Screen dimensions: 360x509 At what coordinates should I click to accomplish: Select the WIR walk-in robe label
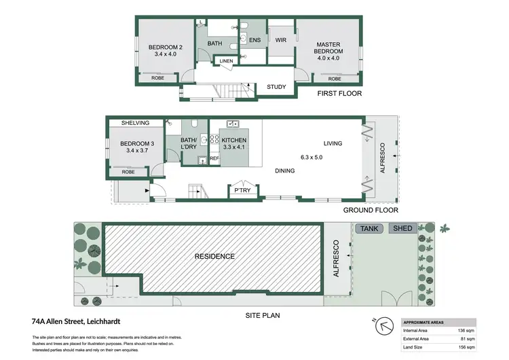point(280,41)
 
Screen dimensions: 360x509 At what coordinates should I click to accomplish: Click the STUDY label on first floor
point(276,87)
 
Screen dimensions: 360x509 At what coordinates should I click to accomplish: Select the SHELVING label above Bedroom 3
point(135,123)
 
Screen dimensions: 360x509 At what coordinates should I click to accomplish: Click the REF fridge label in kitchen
point(214,158)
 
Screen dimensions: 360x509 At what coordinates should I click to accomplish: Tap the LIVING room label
point(333,143)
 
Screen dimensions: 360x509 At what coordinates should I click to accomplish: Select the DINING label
point(285,170)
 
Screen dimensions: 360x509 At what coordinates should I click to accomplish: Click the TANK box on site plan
point(370,229)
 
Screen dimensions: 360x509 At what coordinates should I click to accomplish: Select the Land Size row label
point(415,348)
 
